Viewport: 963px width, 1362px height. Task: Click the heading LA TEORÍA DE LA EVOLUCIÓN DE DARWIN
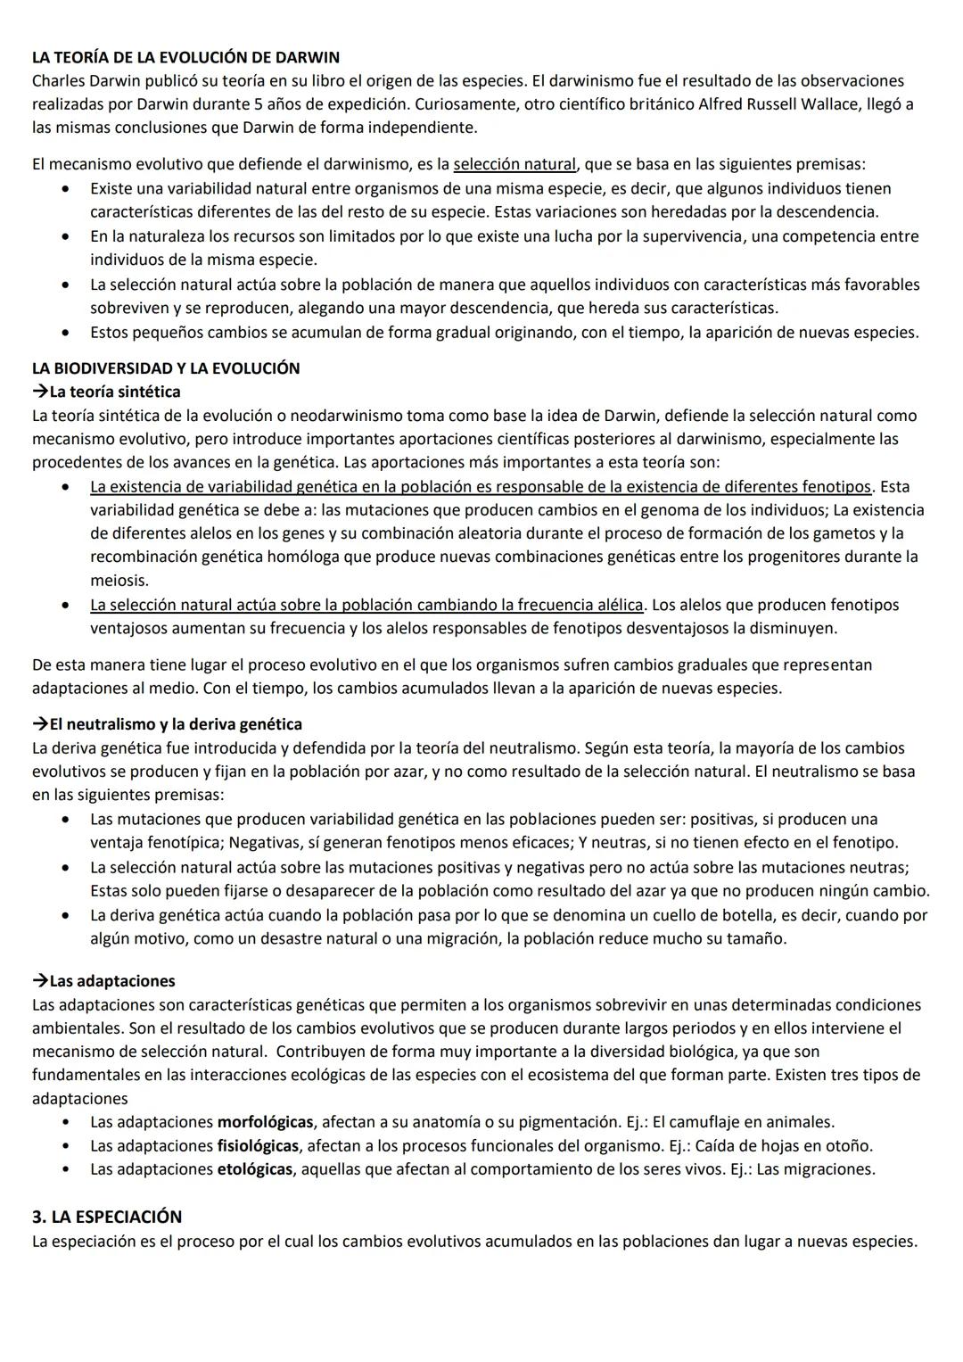(x=185, y=57)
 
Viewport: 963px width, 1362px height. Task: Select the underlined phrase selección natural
(x=514, y=164)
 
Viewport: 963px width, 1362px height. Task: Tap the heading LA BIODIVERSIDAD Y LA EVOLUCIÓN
(x=166, y=367)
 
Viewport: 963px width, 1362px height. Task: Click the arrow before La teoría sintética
(x=40, y=392)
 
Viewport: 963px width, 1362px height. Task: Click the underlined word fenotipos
(x=835, y=486)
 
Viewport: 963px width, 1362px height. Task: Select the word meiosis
(x=119, y=580)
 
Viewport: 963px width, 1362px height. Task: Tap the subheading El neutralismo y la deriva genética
(x=176, y=723)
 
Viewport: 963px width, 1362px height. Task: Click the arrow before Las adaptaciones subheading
(x=40, y=981)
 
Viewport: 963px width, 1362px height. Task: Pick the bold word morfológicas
(x=265, y=1121)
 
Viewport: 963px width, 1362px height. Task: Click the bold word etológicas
(x=254, y=1168)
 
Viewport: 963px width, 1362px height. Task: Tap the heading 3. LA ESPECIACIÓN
(x=107, y=1217)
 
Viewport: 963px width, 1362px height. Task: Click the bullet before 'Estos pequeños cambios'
(x=65, y=333)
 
